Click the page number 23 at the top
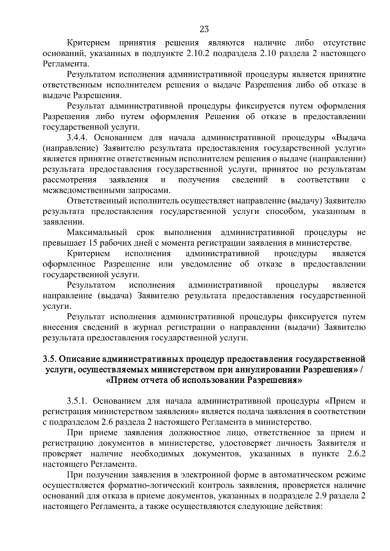click(x=204, y=30)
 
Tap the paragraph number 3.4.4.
click(x=78, y=138)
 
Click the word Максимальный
click(x=97, y=233)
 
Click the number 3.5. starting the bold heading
click(x=50, y=359)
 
